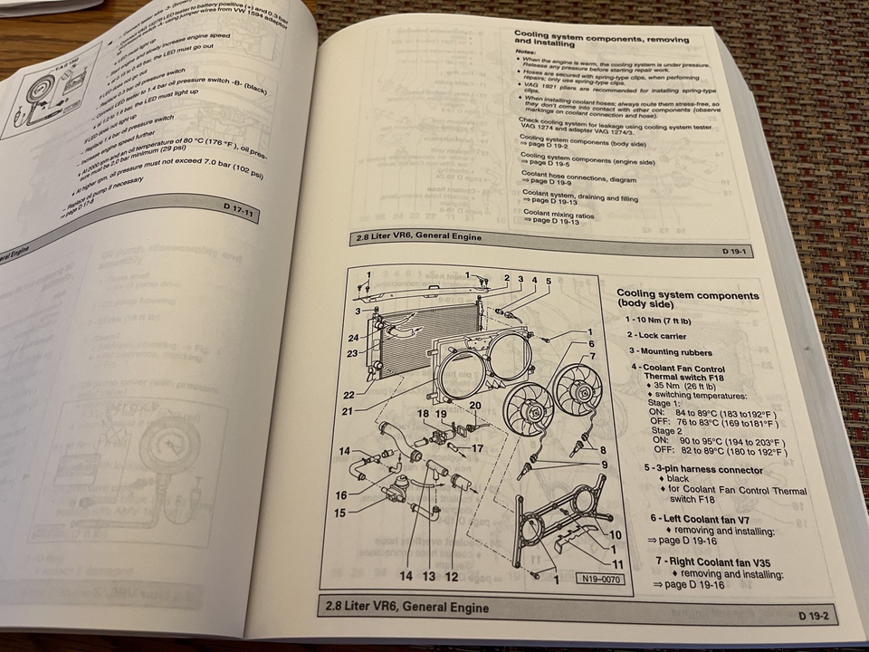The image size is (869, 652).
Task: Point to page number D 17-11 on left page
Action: pyautogui.click(x=242, y=208)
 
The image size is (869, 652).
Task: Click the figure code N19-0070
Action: pyautogui.click(x=599, y=579)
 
